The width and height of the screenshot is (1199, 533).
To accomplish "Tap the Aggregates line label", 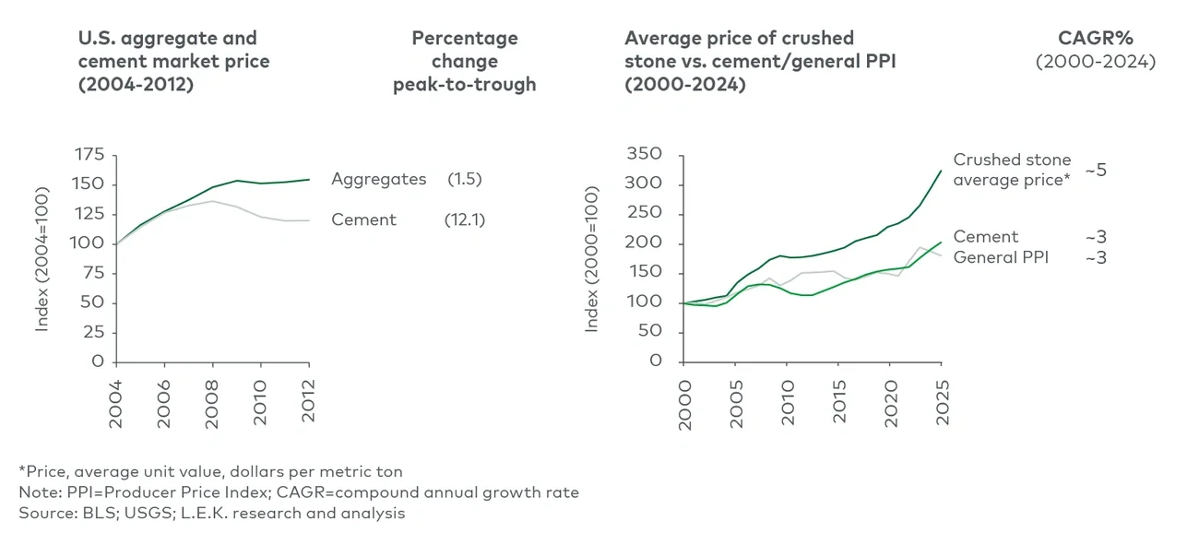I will pos(378,180).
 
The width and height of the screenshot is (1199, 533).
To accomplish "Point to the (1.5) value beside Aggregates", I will pos(464,180).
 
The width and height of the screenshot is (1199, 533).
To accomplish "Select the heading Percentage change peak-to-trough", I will pos(464,62).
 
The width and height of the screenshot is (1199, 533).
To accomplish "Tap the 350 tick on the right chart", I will pos(644,154).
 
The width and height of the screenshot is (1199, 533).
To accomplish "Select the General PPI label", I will pos(1001,257).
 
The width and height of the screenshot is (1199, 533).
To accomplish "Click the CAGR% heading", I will pos(1095,38).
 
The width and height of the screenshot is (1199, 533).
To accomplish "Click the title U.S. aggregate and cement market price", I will pos(173,62).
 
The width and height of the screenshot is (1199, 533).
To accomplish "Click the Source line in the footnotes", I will pos(211,513).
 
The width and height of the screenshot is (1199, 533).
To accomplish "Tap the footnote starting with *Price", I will pos(210,471).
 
